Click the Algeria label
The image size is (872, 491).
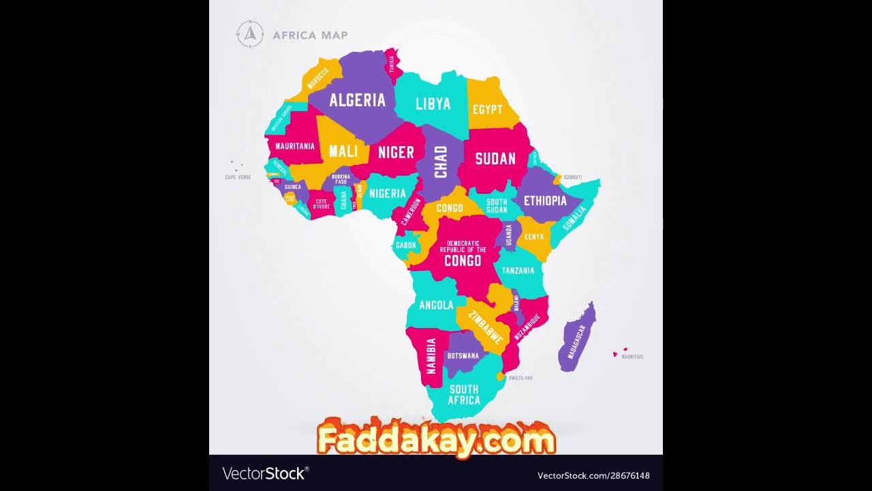(x=357, y=100)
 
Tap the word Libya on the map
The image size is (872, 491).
(x=433, y=104)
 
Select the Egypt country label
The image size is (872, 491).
(x=487, y=109)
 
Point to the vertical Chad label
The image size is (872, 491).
(x=441, y=162)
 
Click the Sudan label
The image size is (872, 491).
(x=495, y=159)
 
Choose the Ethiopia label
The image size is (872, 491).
(x=544, y=200)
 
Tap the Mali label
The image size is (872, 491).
(x=343, y=151)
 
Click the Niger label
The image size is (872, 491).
(x=396, y=152)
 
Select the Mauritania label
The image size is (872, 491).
(x=295, y=146)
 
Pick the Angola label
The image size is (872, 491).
(x=436, y=305)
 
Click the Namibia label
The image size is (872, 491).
(x=431, y=355)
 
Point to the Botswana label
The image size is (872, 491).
(x=463, y=355)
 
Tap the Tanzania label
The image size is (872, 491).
(x=518, y=271)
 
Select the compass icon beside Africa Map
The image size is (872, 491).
(x=250, y=34)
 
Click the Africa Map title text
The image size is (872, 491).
(x=310, y=35)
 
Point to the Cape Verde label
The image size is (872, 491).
(x=238, y=177)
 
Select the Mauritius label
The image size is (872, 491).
(x=632, y=357)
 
